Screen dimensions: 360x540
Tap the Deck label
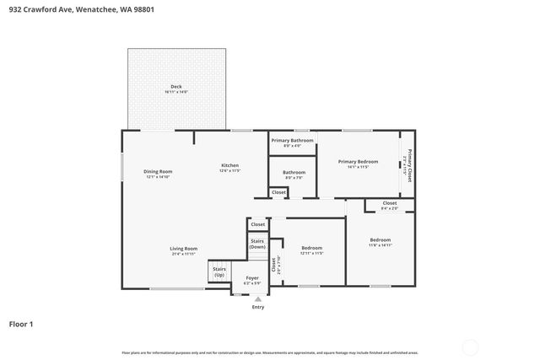click(175, 87)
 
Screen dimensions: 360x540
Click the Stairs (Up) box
click(219, 273)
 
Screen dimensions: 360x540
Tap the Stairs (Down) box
click(257, 244)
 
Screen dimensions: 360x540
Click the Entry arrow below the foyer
click(258, 298)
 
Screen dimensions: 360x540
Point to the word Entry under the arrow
click(258, 307)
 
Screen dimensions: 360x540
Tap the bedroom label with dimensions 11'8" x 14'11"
click(380, 241)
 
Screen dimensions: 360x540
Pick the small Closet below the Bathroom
click(278, 192)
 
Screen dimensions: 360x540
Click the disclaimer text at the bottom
click(270, 352)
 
